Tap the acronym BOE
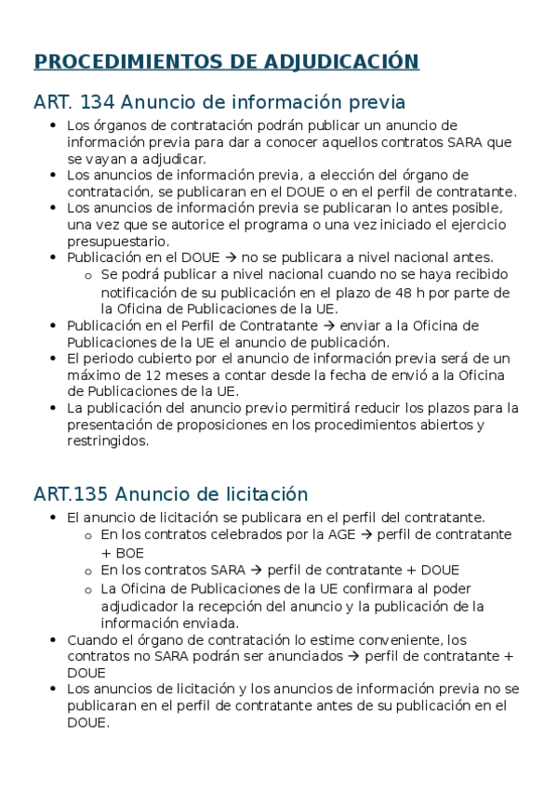pyautogui.click(x=116, y=552)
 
